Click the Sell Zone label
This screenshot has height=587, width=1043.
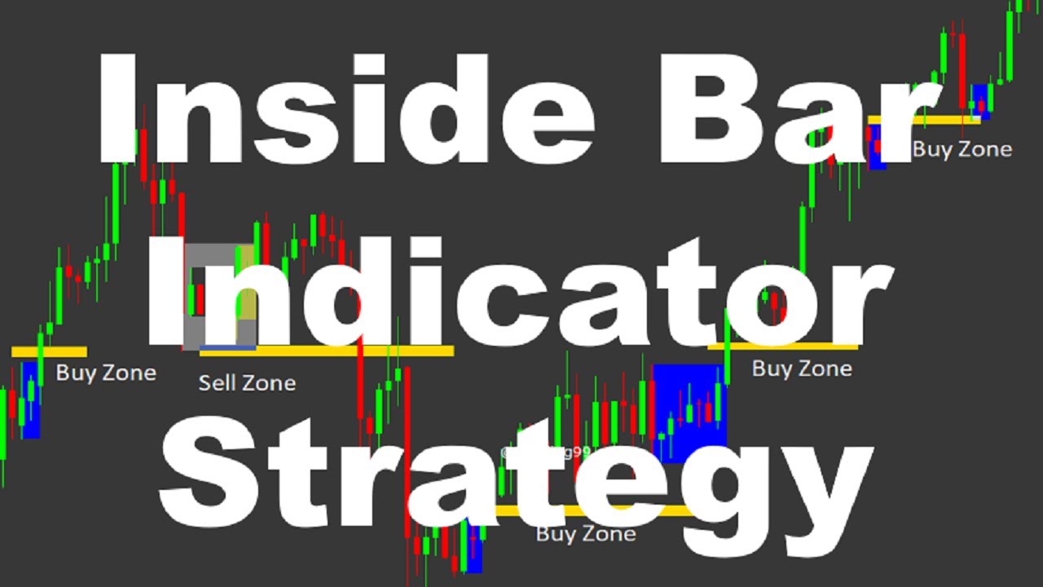247,382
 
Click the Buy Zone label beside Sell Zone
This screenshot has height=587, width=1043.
106,373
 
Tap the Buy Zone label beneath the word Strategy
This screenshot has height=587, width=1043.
586,534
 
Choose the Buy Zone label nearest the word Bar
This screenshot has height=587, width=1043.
962,149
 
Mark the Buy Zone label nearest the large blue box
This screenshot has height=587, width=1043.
802,369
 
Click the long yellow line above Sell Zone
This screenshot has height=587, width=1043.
326,351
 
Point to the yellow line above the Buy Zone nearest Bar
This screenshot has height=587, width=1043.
925,120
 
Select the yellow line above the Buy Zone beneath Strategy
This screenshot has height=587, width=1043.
595,510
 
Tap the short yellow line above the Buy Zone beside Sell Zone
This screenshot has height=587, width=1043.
49,352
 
